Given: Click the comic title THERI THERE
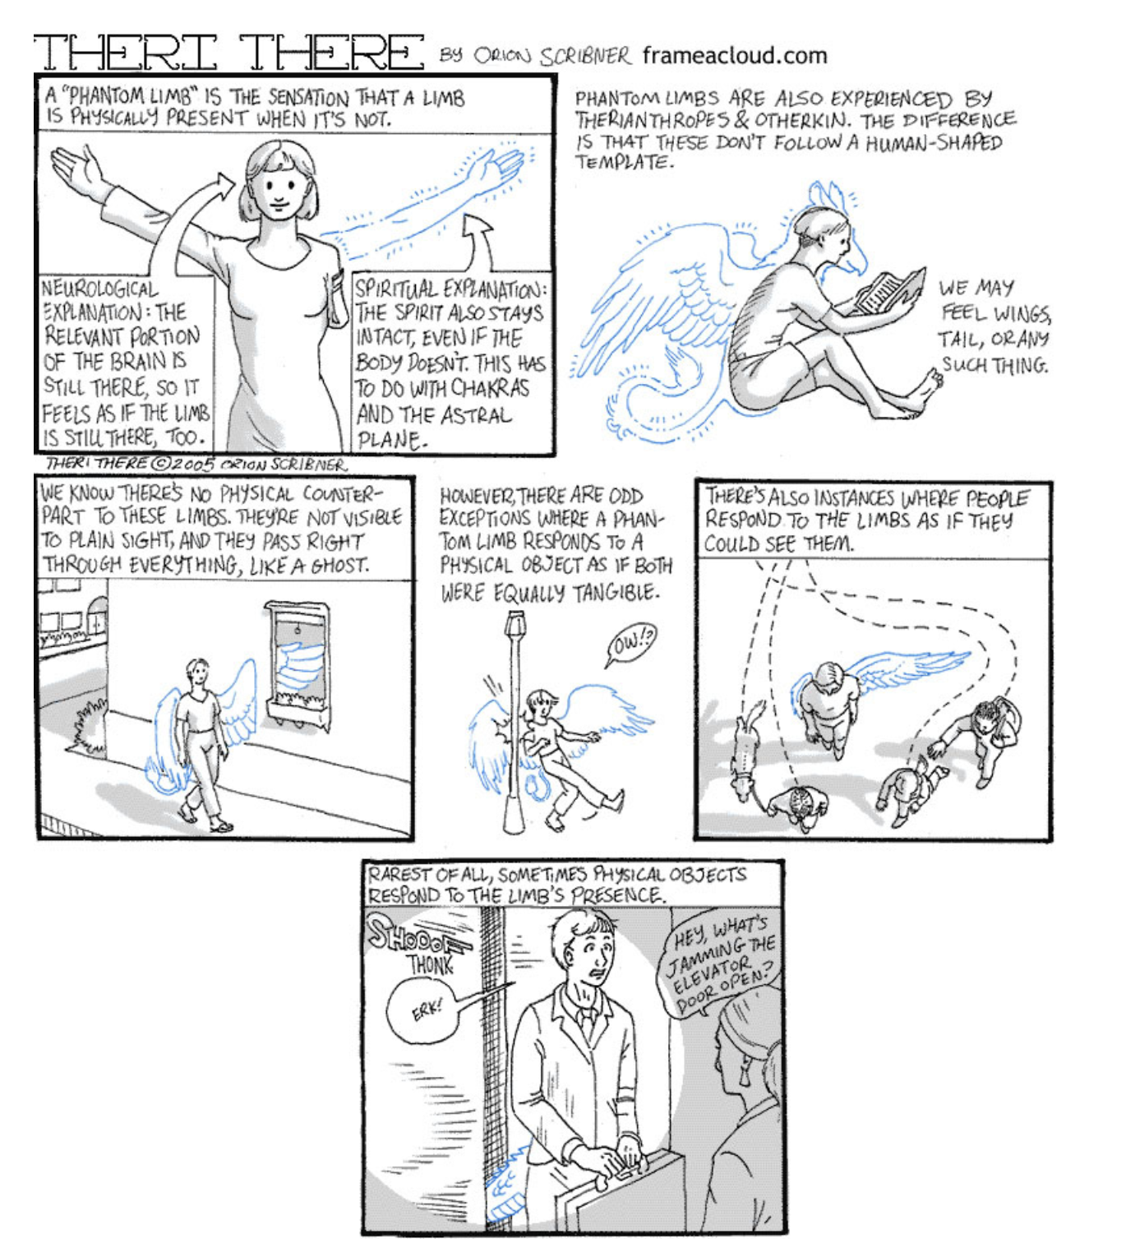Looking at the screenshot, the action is [228, 53].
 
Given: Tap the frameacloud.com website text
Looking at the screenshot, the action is [735, 56].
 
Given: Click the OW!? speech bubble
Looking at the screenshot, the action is [631, 645].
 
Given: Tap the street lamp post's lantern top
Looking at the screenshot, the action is [515, 622].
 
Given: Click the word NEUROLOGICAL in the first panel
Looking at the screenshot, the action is [99, 289].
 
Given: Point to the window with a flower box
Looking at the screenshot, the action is [297, 665].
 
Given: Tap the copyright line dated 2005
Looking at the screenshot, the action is [196, 465].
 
